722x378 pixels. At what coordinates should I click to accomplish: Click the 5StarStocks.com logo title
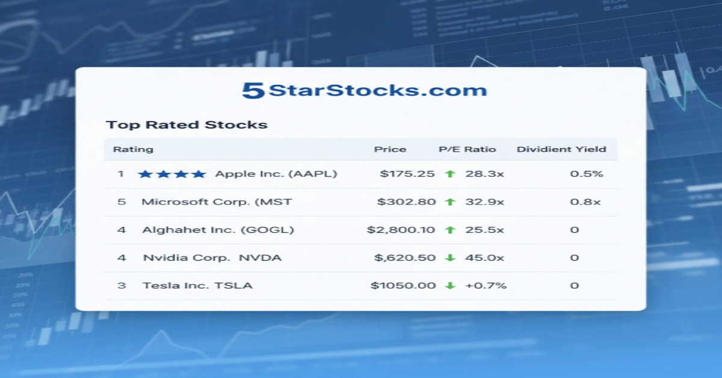click(x=364, y=91)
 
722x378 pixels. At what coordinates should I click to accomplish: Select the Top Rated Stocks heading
click(x=187, y=125)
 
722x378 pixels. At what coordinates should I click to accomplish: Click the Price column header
click(x=390, y=149)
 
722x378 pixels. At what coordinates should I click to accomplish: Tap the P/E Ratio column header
click(x=467, y=149)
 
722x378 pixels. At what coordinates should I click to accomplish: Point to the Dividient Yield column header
click(x=561, y=149)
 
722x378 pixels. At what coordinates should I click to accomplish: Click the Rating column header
click(x=133, y=149)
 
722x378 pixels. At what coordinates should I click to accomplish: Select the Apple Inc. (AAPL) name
click(x=276, y=174)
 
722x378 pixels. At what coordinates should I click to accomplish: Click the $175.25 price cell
click(x=407, y=174)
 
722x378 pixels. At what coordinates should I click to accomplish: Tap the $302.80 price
click(x=406, y=202)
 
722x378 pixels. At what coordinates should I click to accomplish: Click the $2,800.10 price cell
click(x=401, y=230)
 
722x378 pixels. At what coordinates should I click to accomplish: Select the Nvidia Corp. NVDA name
click(x=212, y=258)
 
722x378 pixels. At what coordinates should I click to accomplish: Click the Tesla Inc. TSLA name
click(x=197, y=285)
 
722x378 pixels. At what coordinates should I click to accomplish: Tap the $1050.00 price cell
click(x=403, y=285)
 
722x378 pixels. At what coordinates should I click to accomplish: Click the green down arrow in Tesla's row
click(x=449, y=285)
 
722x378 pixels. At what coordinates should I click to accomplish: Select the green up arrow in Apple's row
click(x=449, y=174)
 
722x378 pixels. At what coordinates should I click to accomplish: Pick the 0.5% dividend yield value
click(x=587, y=174)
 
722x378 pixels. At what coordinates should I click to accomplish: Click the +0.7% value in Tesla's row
click(x=486, y=285)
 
